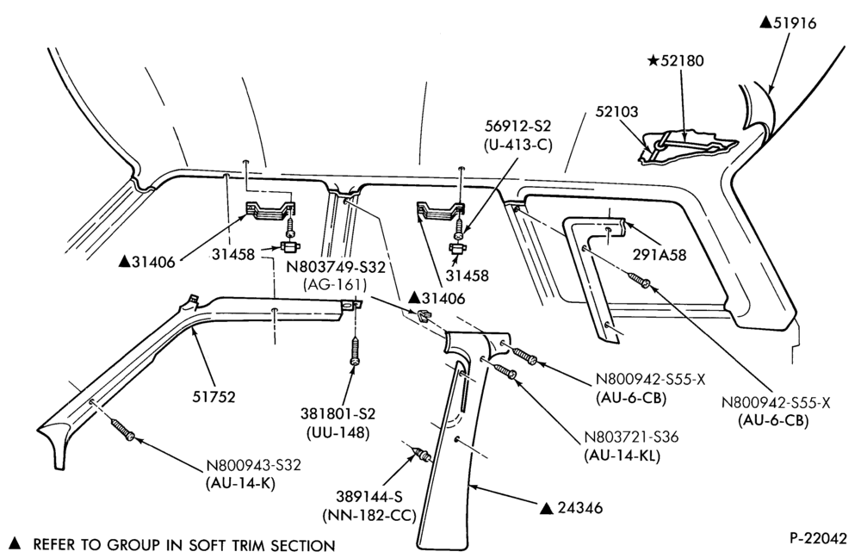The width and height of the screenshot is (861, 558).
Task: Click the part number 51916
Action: click(795, 23)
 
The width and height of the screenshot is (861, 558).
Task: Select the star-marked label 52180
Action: click(681, 60)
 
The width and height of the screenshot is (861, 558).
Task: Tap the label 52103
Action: click(617, 112)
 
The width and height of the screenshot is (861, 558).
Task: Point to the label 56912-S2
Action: click(517, 127)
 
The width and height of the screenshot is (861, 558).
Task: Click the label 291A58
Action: click(659, 255)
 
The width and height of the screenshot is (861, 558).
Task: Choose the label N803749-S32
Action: click(336, 268)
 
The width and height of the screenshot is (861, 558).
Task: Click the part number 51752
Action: click(214, 396)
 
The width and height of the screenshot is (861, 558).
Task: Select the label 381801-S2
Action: click(338, 413)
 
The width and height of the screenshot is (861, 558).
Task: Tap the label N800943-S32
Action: click(254, 465)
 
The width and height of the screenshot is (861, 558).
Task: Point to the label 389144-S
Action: click(369, 497)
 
